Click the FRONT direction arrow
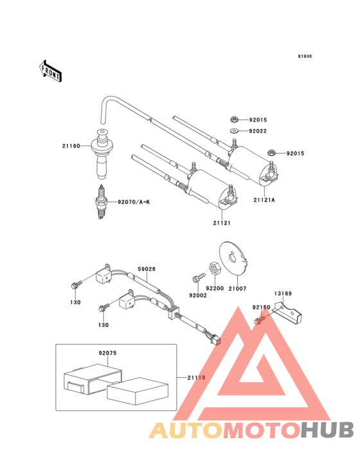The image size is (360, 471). coord(51,70)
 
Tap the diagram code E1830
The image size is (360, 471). coord(304,57)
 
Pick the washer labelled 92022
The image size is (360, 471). coord(235,131)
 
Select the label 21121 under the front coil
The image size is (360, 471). coord(222,222)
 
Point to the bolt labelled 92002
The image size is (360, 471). coord(195,278)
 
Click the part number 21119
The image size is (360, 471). coord(195,376)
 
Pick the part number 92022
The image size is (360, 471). coord(258,131)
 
